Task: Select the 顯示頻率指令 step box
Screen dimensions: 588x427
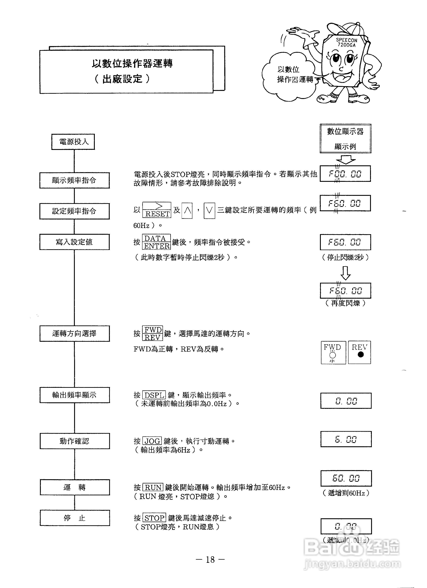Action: pyautogui.click(x=74, y=180)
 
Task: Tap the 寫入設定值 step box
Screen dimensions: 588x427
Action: pyautogui.click(x=74, y=242)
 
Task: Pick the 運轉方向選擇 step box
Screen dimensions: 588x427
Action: pyautogui.click(x=74, y=333)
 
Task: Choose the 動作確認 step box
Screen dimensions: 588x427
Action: pyautogui.click(x=74, y=441)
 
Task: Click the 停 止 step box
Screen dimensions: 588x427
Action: pyautogui.click(x=74, y=518)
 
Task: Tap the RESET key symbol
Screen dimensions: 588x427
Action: pyautogui.click(x=157, y=210)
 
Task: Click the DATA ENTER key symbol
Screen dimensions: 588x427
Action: pyautogui.click(x=156, y=242)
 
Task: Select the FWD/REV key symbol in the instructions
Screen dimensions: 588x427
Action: pyautogui.click(x=153, y=333)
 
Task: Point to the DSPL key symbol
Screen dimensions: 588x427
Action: pyautogui.click(x=154, y=395)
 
